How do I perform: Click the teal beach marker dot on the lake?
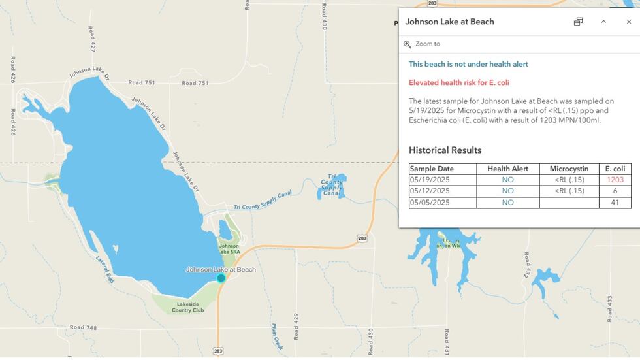click(x=221, y=278)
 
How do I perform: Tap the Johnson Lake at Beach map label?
click(x=221, y=269)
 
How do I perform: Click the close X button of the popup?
click(x=629, y=22)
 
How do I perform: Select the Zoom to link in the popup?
click(x=427, y=44)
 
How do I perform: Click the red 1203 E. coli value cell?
click(x=615, y=180)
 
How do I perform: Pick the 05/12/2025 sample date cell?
click(x=430, y=191)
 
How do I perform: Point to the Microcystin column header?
click(x=568, y=169)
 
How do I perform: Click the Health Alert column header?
click(x=507, y=169)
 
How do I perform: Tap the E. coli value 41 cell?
click(x=615, y=203)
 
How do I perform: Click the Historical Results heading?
click(x=445, y=150)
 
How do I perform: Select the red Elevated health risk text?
click(x=458, y=82)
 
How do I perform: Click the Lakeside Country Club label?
click(x=188, y=306)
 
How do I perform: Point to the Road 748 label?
click(x=83, y=327)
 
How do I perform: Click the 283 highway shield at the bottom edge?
click(x=217, y=351)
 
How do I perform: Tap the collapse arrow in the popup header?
click(x=603, y=22)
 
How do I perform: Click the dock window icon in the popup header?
click(x=578, y=22)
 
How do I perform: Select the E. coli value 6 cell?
click(x=615, y=191)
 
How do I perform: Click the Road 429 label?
click(x=296, y=327)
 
